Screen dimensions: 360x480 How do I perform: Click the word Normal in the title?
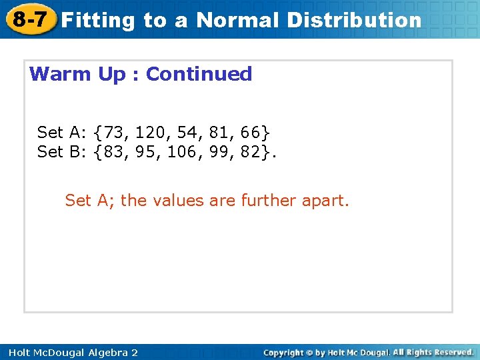click(x=237, y=20)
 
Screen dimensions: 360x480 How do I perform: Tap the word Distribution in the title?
click(x=354, y=20)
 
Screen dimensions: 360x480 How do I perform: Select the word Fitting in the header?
click(x=99, y=20)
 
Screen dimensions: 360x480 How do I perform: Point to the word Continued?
click(x=199, y=74)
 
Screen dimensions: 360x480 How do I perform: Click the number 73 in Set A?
click(x=115, y=132)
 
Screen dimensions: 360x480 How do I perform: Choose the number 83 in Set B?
click(x=115, y=151)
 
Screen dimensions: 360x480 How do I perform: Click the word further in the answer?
click(x=271, y=200)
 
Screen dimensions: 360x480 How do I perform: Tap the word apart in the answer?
click(x=327, y=200)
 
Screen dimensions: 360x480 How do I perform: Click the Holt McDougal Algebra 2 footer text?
click(x=73, y=352)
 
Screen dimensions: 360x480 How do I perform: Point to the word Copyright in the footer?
click(x=284, y=352)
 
